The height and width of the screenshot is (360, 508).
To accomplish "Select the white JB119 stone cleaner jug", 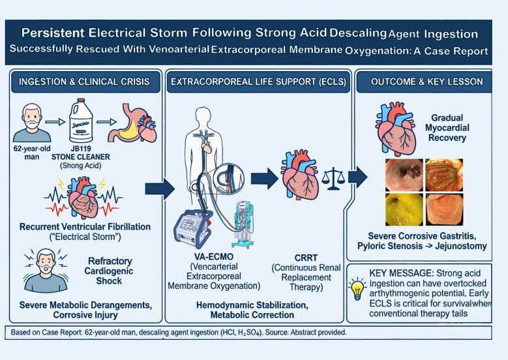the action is click(81, 121).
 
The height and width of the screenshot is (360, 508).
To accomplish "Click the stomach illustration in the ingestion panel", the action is click(132, 123).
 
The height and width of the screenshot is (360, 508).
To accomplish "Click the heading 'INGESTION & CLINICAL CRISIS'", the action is click(84, 82).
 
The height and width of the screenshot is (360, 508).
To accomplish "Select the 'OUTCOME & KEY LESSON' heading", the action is click(426, 82).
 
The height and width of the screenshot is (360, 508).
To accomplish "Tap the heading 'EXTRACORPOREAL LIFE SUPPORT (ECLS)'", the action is click(258, 82).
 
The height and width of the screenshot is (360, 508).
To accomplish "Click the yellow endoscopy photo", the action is click(404, 209).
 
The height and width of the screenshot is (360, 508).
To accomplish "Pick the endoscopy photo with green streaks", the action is click(444, 175).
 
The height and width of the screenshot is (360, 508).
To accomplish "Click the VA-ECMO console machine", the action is click(193, 228).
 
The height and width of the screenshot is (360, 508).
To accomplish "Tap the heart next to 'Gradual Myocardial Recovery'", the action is click(396, 127).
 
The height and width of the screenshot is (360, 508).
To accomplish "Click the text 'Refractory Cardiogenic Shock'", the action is click(109, 271).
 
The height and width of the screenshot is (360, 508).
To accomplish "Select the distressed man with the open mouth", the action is click(46, 271).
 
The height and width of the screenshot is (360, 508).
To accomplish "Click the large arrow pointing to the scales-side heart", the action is click(264, 178).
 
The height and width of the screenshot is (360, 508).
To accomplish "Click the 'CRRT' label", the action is click(306, 258).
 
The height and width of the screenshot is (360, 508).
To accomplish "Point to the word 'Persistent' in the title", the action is click(53, 33).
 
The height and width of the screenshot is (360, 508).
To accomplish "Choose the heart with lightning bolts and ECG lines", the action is click(83, 197).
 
